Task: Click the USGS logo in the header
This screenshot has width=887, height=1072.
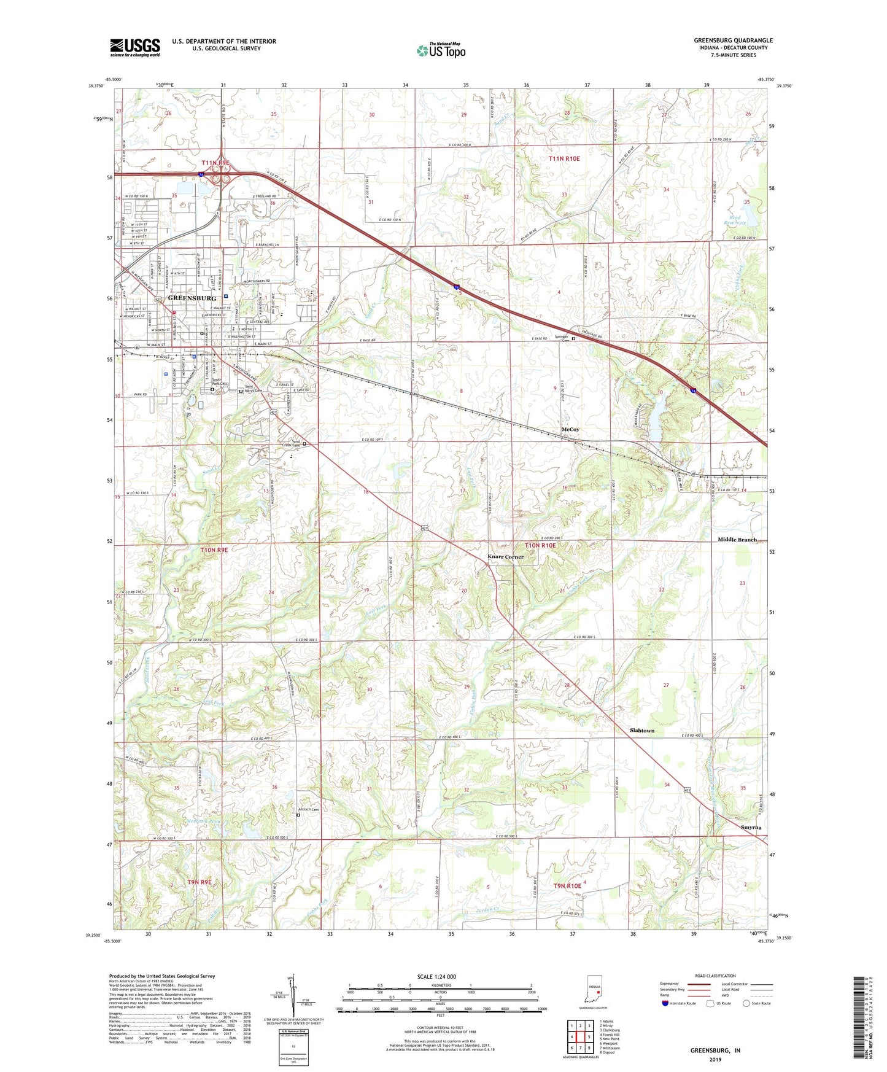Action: pos(135,47)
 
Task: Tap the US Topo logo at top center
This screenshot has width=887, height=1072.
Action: pos(441,50)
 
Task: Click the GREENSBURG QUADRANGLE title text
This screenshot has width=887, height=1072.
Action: pos(733,41)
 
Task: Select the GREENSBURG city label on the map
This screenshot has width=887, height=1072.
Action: pos(192,298)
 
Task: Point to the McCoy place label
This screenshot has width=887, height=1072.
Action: pos(570,429)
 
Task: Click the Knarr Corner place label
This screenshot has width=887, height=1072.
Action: pos(505,557)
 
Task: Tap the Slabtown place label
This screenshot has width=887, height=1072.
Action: pos(642,731)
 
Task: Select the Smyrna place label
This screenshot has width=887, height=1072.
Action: pos(751,827)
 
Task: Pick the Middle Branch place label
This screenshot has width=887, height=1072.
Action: pos(737,540)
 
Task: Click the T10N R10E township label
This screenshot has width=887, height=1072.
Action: pos(540,545)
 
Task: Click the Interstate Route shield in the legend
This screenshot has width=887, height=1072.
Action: pos(666,1003)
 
